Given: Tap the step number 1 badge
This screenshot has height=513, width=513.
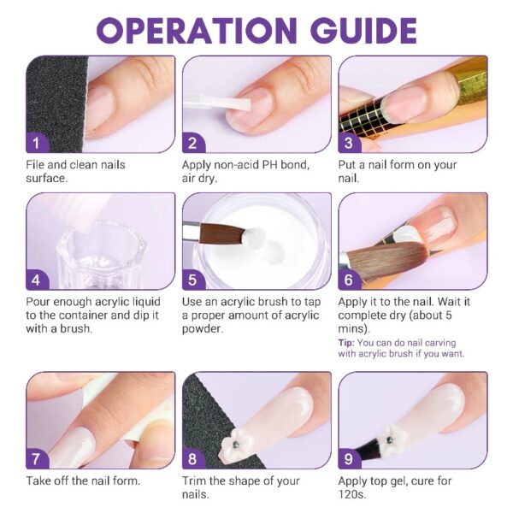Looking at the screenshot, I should (x=36, y=143).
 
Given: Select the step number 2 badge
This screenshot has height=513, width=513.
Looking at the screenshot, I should (x=192, y=143).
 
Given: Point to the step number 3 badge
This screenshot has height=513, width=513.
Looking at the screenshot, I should (x=349, y=143).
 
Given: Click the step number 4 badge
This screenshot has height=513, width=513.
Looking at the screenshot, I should (x=36, y=280).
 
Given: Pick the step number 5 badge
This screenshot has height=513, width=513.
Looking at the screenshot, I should (x=192, y=280).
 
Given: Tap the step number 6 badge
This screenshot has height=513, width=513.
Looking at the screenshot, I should (x=349, y=280).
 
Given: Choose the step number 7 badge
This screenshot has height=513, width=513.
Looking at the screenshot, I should (x=36, y=459).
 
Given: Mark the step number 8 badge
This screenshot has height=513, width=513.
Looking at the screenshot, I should (x=192, y=459).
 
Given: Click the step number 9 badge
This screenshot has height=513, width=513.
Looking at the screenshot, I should (x=349, y=459).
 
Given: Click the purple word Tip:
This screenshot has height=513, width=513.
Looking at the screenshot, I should (x=347, y=343).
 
